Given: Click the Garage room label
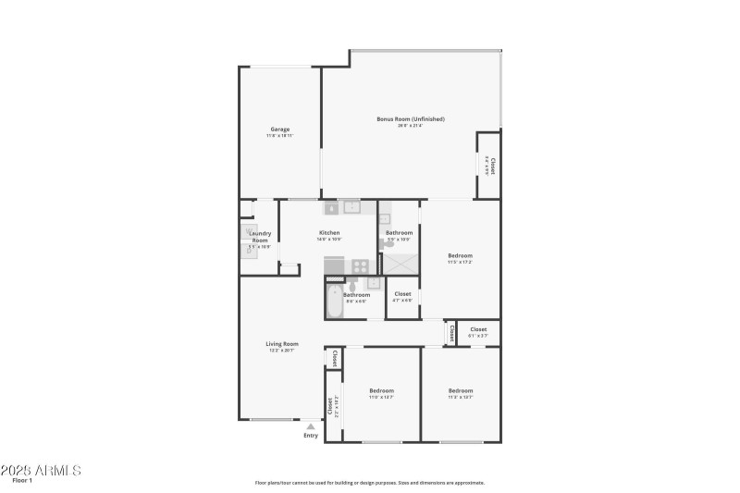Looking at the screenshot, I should click(x=280, y=129).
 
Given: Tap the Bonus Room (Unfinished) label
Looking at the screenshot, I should click(x=411, y=118).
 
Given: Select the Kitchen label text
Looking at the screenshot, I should click(x=329, y=233).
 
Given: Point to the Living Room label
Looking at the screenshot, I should click(x=283, y=343).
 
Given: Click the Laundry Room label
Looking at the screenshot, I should click(x=261, y=237).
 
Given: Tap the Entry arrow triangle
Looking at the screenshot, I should click(x=311, y=426).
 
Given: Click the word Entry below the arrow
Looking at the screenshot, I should click(x=311, y=436).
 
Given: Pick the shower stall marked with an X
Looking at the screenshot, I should click(x=400, y=263).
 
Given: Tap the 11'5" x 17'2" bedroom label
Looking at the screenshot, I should click(x=461, y=256).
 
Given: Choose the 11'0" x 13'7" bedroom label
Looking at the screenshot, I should click(x=381, y=390).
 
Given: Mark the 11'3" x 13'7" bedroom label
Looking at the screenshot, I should click(x=461, y=390).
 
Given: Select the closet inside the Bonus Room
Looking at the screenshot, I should click(x=489, y=166).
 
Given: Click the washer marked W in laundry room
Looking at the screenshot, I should click(x=249, y=231).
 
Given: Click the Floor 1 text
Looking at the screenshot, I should click(x=22, y=480).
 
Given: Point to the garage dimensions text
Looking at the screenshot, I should click(x=280, y=136).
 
